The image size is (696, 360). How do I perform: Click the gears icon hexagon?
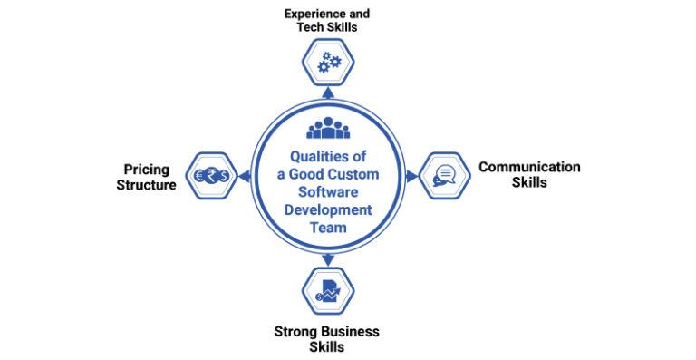point(327,62)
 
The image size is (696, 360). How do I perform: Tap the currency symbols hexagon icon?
point(211,175)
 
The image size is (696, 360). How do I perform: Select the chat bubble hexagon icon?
point(444,175)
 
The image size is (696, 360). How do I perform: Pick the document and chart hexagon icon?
point(327,291)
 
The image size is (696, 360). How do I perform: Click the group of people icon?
point(327,128)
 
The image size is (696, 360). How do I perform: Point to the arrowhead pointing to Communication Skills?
point(412,176)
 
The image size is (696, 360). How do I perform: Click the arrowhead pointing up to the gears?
point(327,92)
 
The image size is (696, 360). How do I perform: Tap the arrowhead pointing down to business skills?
point(327,261)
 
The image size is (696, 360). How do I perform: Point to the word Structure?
point(146,184)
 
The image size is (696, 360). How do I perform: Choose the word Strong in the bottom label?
point(295,331)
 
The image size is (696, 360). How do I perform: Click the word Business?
point(349,331)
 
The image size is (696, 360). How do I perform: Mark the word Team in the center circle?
point(328,229)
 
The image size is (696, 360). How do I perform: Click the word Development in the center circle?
point(328,210)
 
